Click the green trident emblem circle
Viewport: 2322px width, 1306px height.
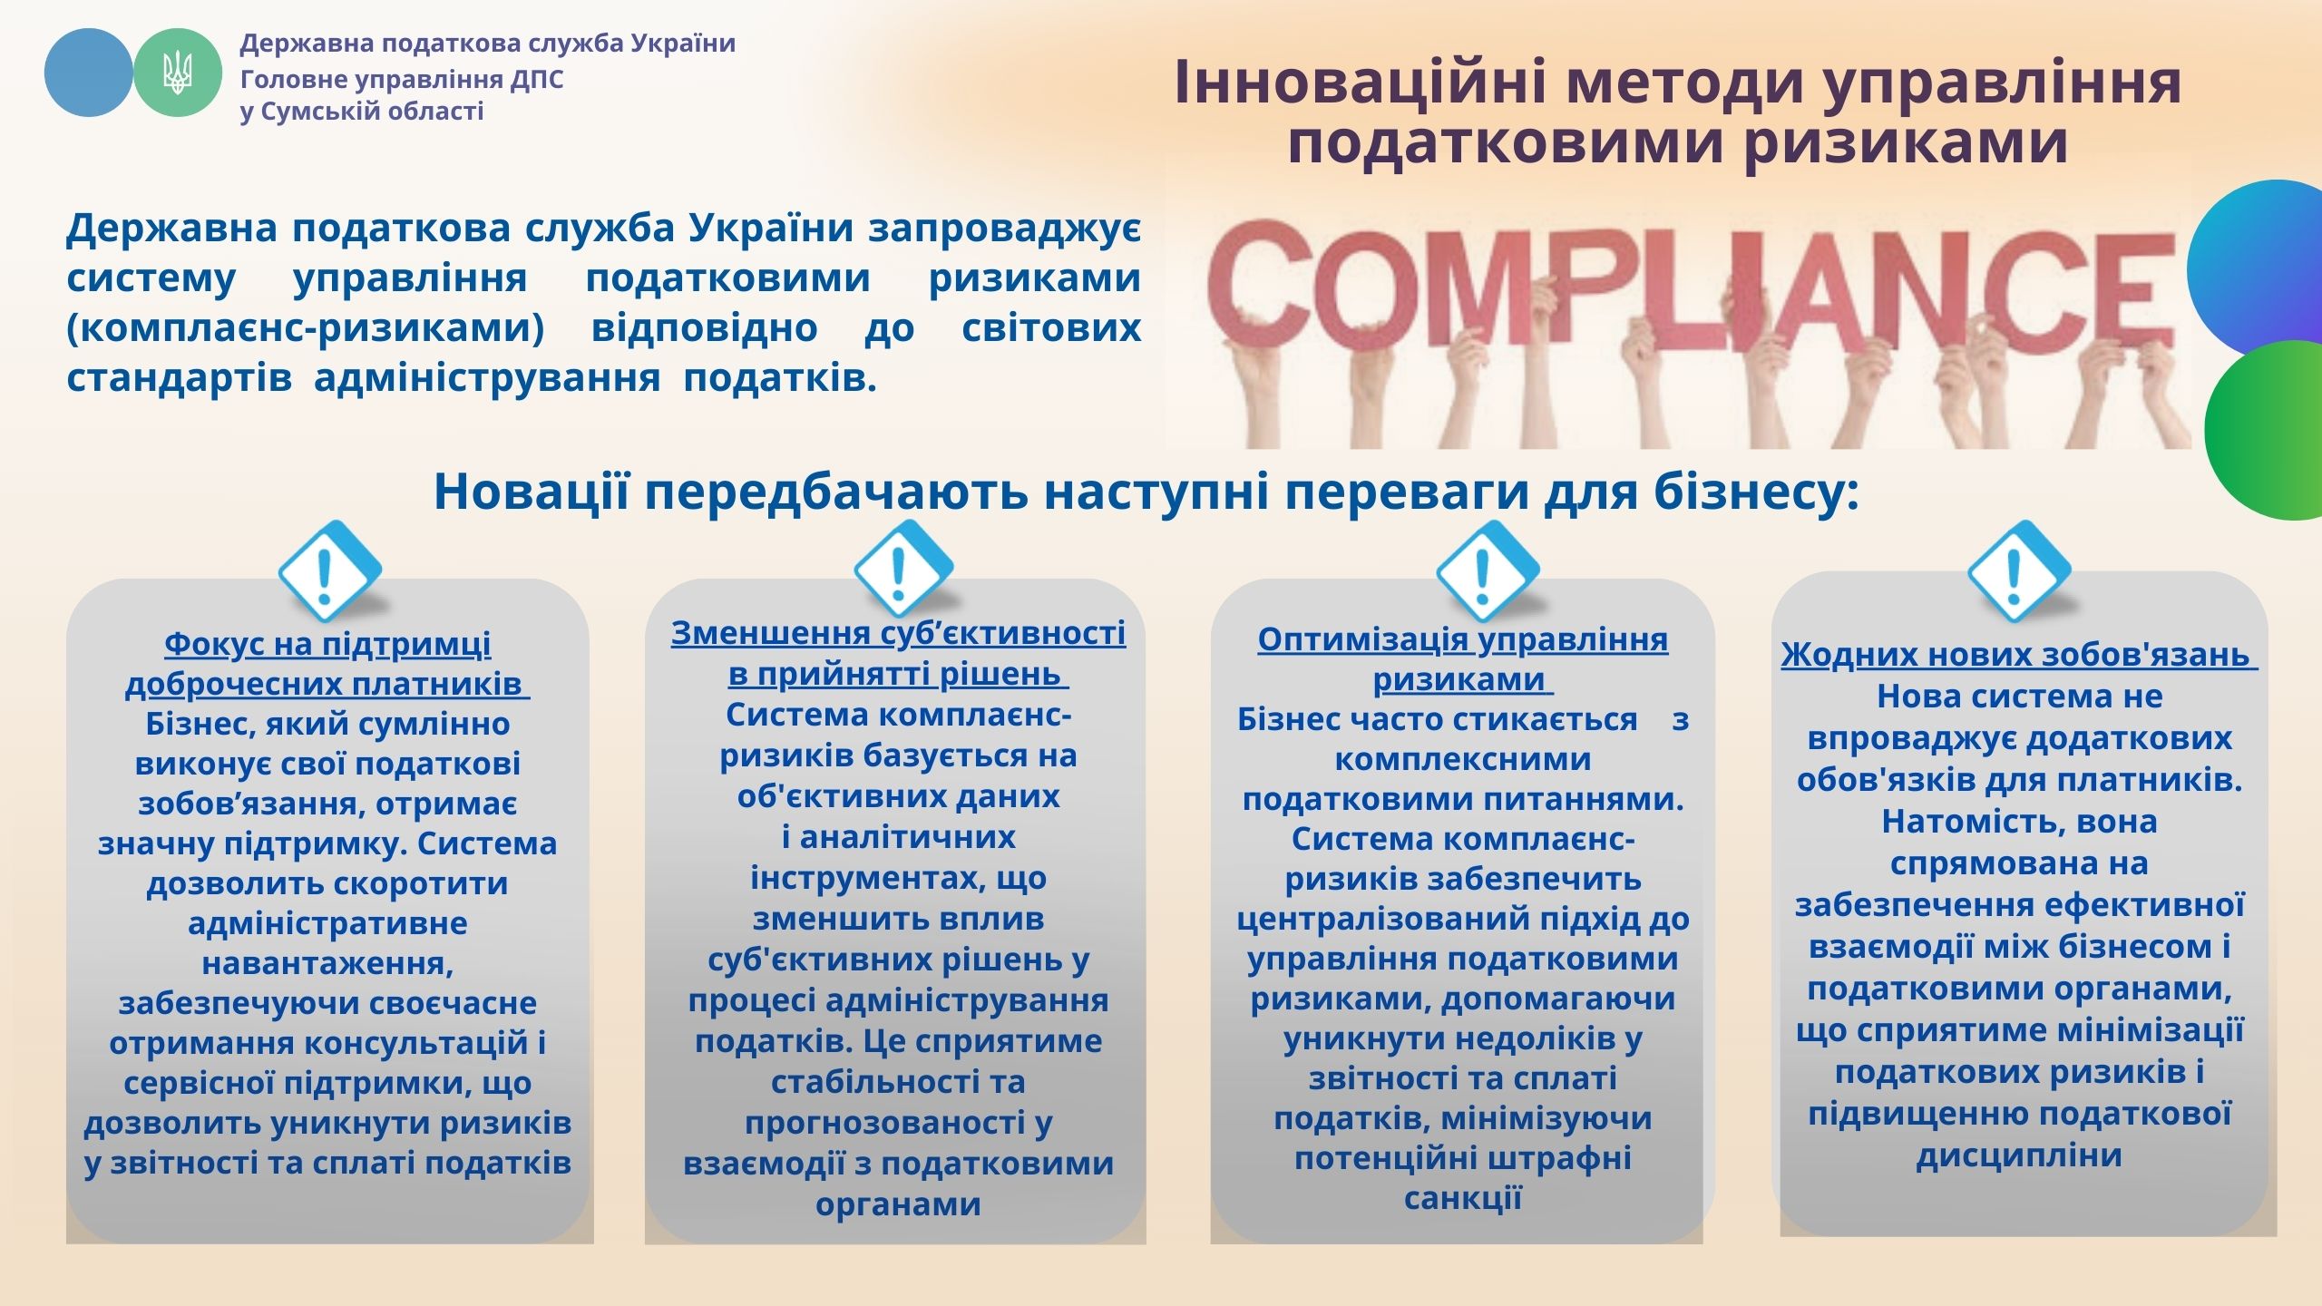(x=178, y=73)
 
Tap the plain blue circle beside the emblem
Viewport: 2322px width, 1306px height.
(x=89, y=73)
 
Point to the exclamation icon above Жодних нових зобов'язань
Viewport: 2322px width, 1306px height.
(x=2019, y=570)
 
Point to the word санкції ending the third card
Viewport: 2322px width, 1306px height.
(x=1462, y=1198)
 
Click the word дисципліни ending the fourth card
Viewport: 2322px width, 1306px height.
(x=2019, y=1155)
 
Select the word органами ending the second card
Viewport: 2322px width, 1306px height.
(x=898, y=1204)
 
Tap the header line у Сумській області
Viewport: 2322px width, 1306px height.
(x=362, y=112)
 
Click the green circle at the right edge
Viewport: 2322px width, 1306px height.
(x=2264, y=430)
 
